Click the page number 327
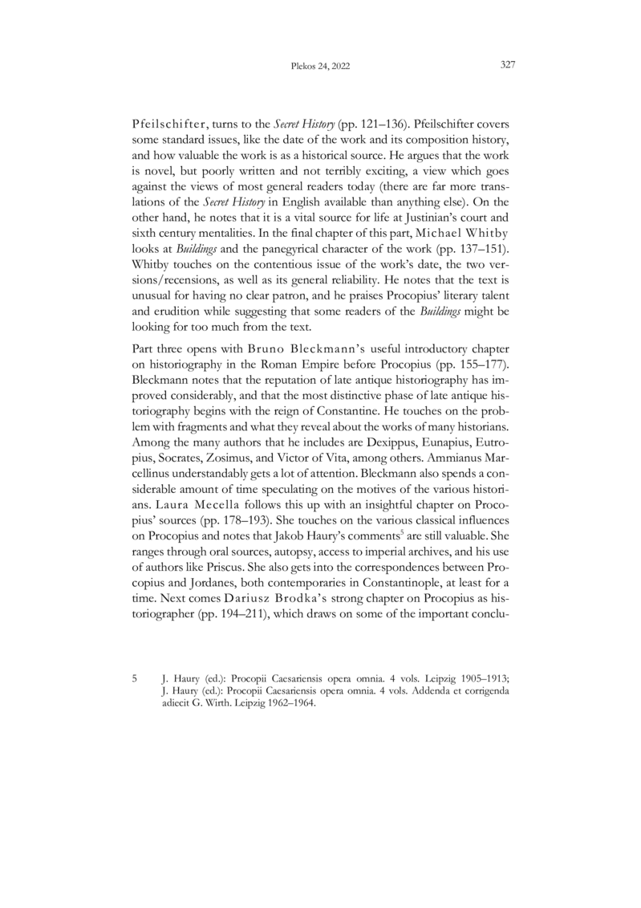[506, 65]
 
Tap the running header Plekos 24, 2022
[320, 66]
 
